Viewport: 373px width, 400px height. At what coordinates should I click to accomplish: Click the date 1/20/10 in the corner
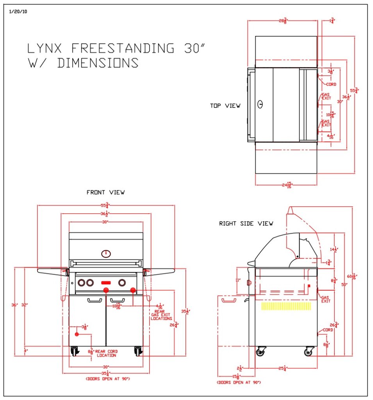coord(18,11)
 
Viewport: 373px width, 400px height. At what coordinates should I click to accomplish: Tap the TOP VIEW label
coord(225,105)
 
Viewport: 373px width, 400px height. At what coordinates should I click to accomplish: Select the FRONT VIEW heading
coord(105,192)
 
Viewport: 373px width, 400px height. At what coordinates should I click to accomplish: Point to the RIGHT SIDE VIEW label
coord(246,223)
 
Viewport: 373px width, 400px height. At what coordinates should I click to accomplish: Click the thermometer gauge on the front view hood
coord(106,254)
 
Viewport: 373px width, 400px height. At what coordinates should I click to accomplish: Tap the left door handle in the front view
coord(94,300)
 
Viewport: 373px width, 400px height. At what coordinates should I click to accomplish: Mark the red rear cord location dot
coord(77,334)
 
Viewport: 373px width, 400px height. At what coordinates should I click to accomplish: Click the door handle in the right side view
coord(229,300)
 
